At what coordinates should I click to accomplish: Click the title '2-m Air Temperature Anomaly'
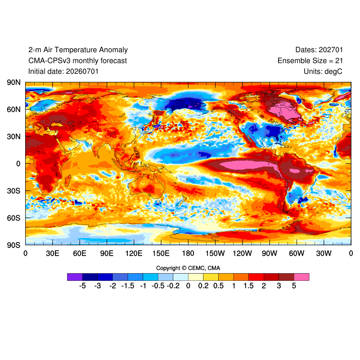pos(78,50)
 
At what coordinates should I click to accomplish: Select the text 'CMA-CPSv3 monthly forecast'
pos(77,61)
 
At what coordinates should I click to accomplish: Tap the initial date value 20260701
pos(82,72)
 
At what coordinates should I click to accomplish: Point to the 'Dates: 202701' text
pos(319,50)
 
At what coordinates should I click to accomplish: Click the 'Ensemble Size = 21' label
pos(310,61)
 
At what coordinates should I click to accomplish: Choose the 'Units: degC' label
pos(323,72)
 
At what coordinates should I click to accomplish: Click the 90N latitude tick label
pos(14,82)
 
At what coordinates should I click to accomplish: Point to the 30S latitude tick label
pos(14,191)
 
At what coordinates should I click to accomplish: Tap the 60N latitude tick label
pos(14,109)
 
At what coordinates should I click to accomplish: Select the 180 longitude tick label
pos(188,253)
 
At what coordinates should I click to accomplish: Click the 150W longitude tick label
pos(215,253)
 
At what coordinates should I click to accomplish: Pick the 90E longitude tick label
pos(107,253)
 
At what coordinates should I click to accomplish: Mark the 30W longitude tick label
pos(324,253)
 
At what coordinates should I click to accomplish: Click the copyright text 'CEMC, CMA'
pos(204,268)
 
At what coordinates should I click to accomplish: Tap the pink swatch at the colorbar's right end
pos(301,277)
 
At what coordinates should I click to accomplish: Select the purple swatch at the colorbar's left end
pos(75,277)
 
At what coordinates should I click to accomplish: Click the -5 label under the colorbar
pos(82,286)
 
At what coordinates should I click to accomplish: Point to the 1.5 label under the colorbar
pos(249,286)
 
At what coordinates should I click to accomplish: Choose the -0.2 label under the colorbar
pos(173,286)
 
